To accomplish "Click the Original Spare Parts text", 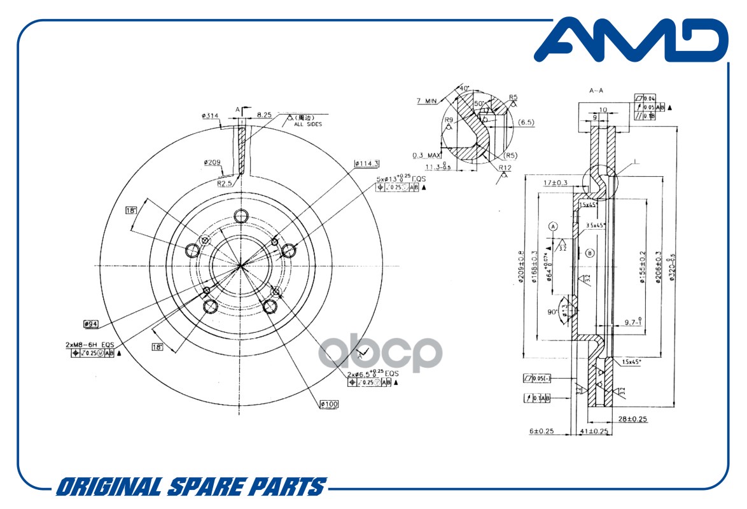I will pyautogui.click(x=190, y=487).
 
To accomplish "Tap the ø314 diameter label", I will pyautogui.click(x=210, y=115).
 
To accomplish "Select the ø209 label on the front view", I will pyautogui.click(x=212, y=162).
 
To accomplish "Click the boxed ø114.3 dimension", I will pyautogui.click(x=367, y=164).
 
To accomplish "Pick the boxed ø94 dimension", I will pyautogui.click(x=90, y=324).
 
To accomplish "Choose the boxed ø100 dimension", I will pyautogui.click(x=328, y=404).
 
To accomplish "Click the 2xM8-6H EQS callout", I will pyautogui.click(x=89, y=344).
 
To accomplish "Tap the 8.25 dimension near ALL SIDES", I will pyautogui.click(x=264, y=115).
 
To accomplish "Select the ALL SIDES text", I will pyautogui.click(x=307, y=125).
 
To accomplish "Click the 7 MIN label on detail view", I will pyautogui.click(x=427, y=101).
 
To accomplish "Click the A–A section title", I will pyautogui.click(x=596, y=91).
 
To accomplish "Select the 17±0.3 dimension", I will pyautogui.click(x=555, y=183).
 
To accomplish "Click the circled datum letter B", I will pyautogui.click(x=590, y=253).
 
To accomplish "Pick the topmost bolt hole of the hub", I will pyautogui.click(x=241, y=216).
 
